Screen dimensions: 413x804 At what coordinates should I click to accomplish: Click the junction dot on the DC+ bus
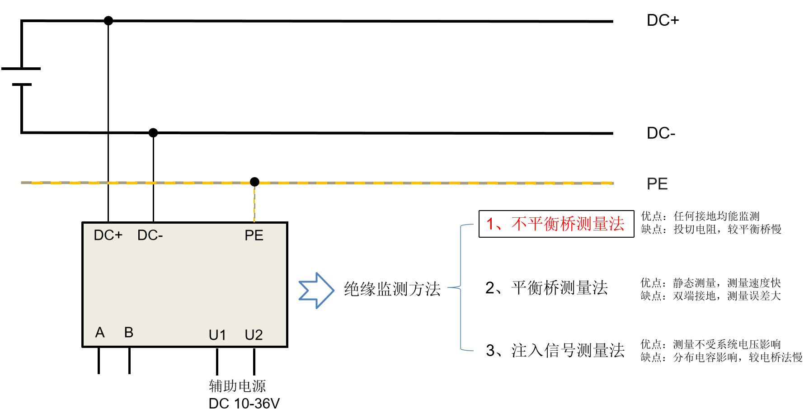pos(108,20)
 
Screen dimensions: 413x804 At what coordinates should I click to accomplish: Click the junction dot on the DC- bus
pos(153,132)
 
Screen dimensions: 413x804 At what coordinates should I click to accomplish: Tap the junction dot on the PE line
pos(254,182)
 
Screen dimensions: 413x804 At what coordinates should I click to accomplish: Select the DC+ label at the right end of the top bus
pos(663,20)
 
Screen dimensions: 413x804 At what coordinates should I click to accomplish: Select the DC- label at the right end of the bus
pos(661,133)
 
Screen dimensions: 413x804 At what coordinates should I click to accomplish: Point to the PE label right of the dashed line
pos(657,184)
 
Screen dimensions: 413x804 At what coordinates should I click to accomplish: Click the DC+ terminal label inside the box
pos(108,235)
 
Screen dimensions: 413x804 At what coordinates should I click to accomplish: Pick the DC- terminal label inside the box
pos(150,235)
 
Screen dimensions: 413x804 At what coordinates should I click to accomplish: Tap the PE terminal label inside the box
pos(254,235)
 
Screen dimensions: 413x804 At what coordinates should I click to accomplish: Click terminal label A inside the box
pos(100,333)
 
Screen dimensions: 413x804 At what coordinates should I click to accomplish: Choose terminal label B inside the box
pos(129,333)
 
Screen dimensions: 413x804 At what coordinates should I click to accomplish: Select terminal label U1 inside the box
pos(217,335)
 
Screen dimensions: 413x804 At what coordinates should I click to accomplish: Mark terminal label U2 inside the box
pos(254,335)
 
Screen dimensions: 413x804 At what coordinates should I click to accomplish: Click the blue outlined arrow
pos(316,291)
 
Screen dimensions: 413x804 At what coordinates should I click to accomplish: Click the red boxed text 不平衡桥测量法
pos(556,224)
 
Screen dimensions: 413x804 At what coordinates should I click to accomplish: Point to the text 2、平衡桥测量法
pos(546,288)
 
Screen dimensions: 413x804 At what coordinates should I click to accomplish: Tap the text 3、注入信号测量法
pos(555,350)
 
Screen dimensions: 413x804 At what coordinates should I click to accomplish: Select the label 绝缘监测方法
pos(392,289)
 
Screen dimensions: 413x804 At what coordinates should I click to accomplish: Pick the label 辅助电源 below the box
pos(237,386)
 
